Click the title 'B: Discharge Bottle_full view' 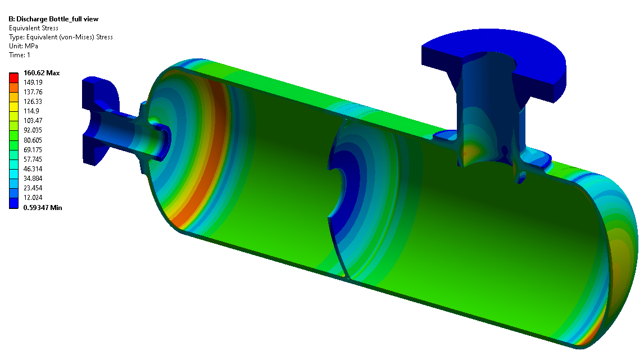pyautogui.click(x=53, y=19)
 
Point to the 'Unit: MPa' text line pyautogui.click(x=24, y=46)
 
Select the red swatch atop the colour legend pyautogui.click(x=13, y=78)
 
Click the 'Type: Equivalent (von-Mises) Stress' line pyautogui.click(x=61, y=37)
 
